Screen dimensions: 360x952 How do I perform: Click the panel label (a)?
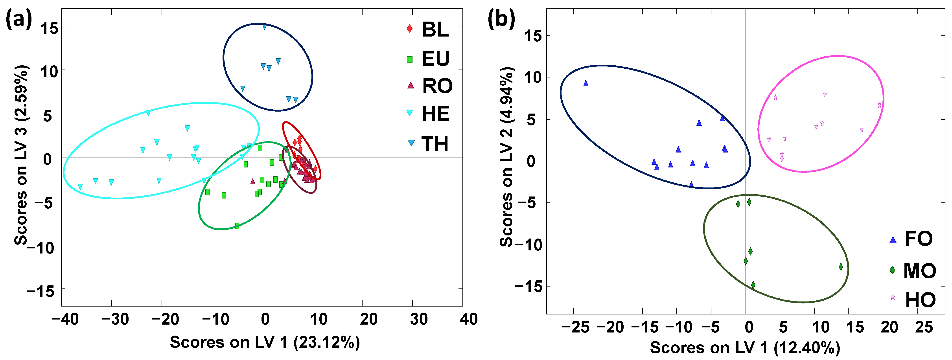coord(18,18)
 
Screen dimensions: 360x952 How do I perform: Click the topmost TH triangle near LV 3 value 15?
coord(264,27)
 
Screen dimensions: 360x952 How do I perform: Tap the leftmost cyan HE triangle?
coord(80,187)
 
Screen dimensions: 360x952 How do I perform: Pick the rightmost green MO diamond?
coord(841,266)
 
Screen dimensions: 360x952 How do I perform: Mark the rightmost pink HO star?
coord(880,105)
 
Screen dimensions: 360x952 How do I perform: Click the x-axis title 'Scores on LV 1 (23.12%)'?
coord(265,342)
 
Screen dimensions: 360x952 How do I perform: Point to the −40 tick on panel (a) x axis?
coord(65,319)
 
